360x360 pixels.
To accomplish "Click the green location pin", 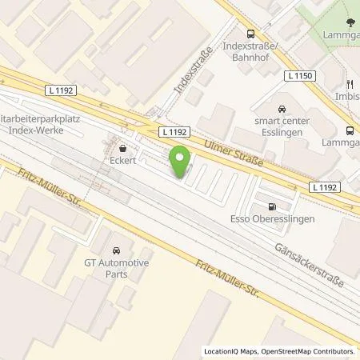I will click(182, 157).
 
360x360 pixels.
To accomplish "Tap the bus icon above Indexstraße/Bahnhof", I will click(251, 34).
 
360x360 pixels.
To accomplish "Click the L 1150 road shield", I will click(299, 74).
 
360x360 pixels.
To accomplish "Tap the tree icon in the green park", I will click(349, 23).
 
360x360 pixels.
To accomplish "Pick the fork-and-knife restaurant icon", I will click(350, 83).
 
